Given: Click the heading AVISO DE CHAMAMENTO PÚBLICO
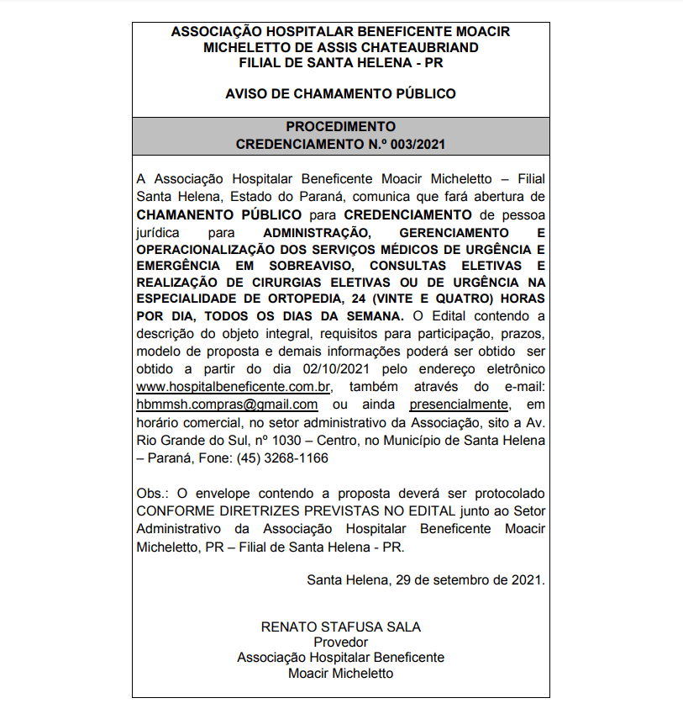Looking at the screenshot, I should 340,94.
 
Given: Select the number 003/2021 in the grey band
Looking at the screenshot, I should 412,144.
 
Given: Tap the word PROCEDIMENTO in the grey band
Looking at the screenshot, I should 340,126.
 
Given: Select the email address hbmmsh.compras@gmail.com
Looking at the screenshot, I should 227,405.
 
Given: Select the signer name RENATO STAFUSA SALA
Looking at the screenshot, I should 340,627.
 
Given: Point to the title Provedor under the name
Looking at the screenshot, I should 340,643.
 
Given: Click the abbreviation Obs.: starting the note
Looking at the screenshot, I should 151,492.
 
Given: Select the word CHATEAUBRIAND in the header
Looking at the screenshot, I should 417,47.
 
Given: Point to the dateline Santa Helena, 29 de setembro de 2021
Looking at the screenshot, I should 426,579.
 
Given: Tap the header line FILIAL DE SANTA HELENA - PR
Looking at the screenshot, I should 340,63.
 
